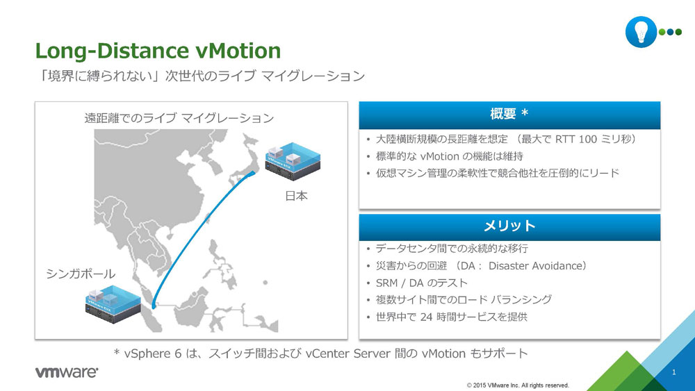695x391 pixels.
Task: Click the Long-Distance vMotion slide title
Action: [x=158, y=51]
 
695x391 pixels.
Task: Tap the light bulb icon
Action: [x=641, y=32]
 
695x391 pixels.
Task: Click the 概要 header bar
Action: [x=509, y=115]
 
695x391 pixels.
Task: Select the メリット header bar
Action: [x=509, y=227]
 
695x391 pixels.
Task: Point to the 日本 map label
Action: [x=296, y=196]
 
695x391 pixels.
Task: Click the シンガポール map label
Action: [x=81, y=274]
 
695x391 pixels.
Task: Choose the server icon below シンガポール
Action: [x=113, y=304]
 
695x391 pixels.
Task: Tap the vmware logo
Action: [x=67, y=372]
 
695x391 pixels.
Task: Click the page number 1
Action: [x=673, y=372]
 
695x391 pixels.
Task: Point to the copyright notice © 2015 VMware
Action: [x=518, y=385]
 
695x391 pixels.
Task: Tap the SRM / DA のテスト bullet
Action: [x=422, y=283]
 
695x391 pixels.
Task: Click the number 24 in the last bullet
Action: [x=426, y=317]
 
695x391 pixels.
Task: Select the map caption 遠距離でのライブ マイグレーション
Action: [x=179, y=118]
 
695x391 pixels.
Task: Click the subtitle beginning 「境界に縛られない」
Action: [x=200, y=76]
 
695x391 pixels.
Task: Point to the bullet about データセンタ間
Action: [x=452, y=249]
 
